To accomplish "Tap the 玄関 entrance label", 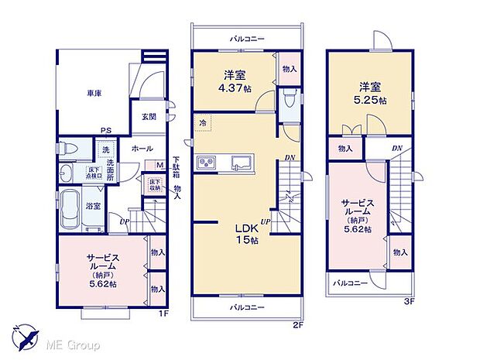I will click(149, 117).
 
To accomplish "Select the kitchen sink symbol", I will click(240, 163).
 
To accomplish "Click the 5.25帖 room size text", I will click(369, 100).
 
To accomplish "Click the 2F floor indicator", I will click(297, 326).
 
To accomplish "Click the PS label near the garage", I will click(104, 131).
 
